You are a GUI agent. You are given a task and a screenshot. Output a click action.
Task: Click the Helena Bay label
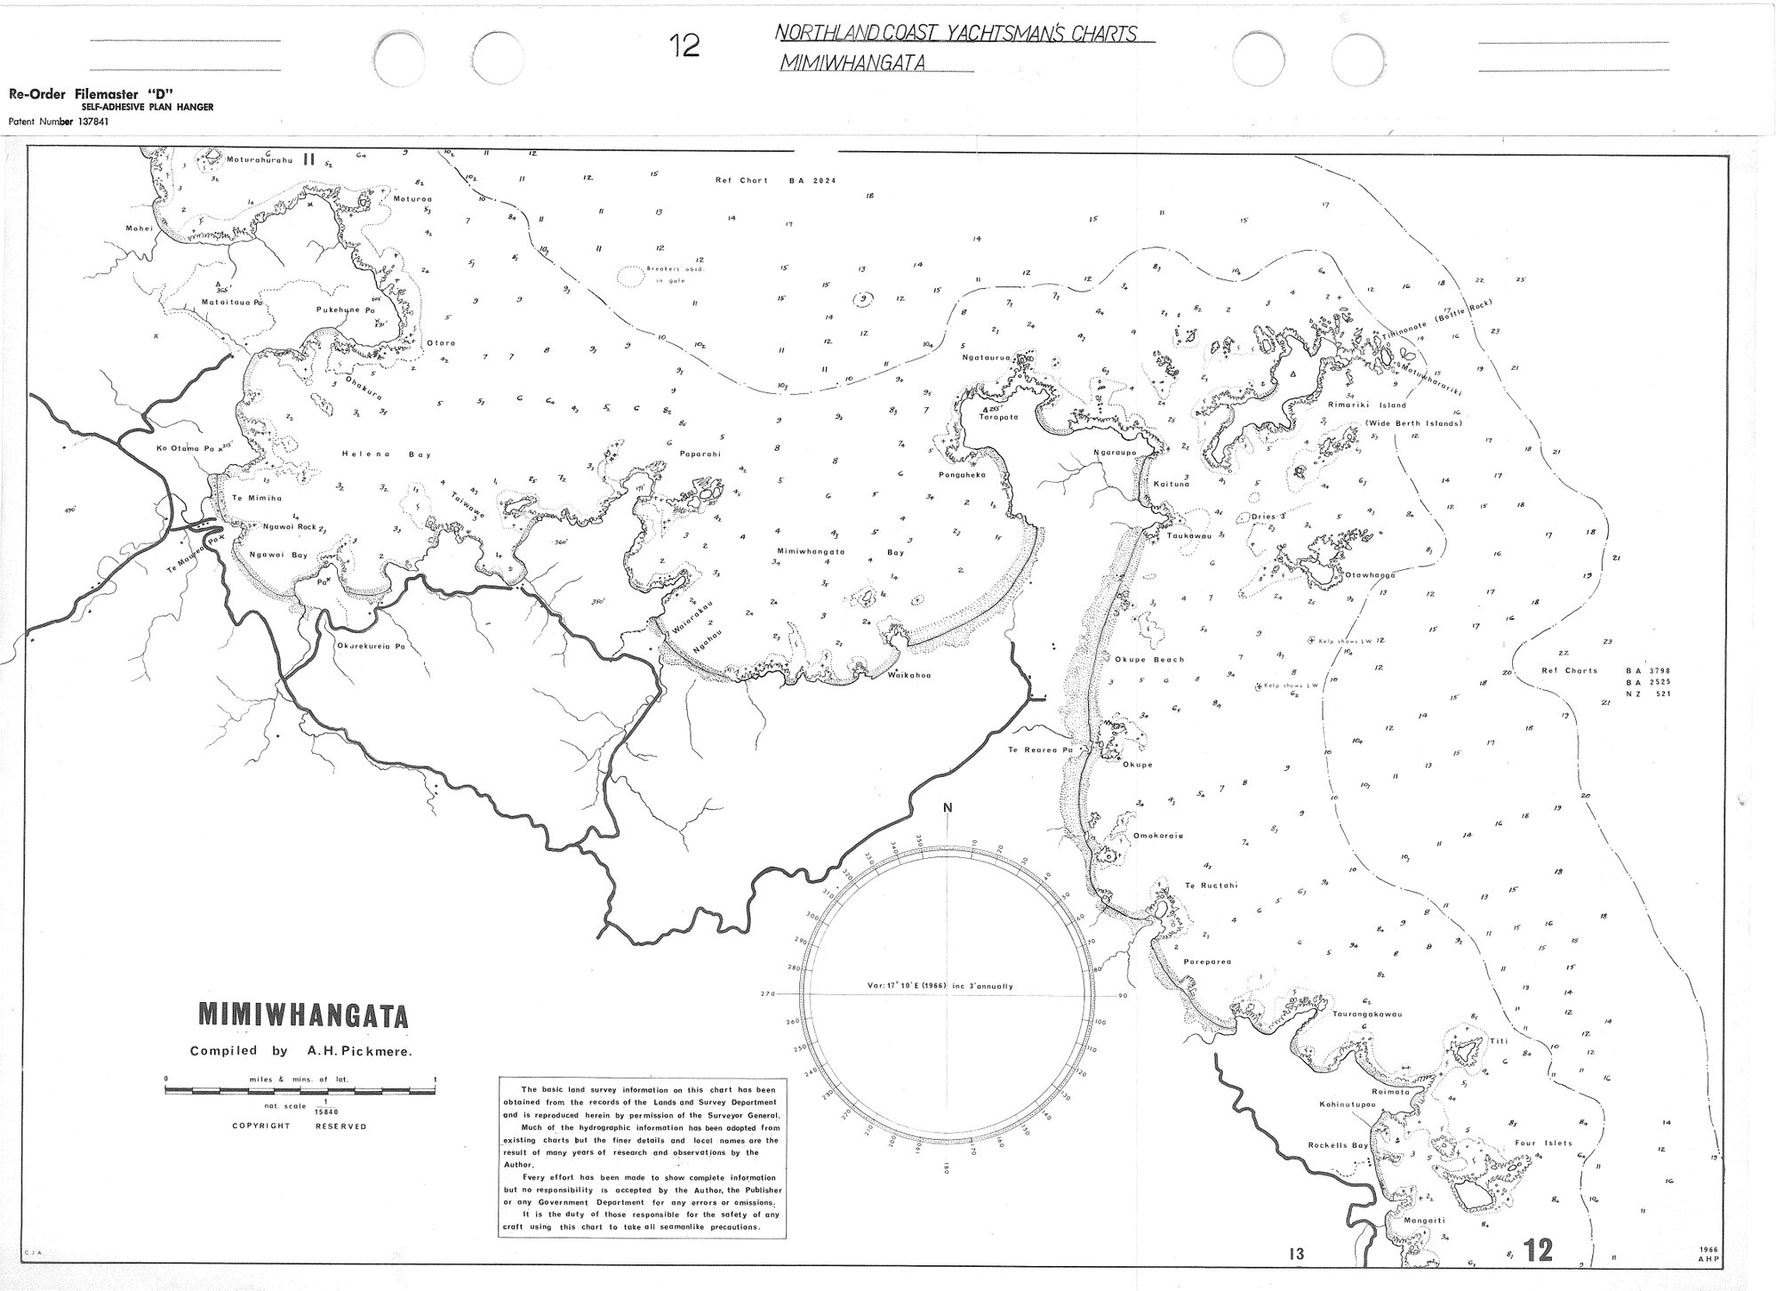tap(386, 454)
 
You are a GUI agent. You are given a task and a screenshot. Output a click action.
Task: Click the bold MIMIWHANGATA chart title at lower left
tap(302, 1015)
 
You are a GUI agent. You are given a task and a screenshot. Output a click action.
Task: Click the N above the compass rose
tap(948, 807)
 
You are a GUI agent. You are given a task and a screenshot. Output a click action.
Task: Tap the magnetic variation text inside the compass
tap(940, 985)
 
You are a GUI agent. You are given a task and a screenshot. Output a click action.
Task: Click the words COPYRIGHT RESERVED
tap(299, 1126)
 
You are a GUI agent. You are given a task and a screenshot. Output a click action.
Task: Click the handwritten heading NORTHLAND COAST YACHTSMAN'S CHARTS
tap(956, 34)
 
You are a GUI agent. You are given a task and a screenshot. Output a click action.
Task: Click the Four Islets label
tap(1543, 1143)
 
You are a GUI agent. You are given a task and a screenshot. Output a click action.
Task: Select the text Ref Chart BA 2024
tap(776, 180)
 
